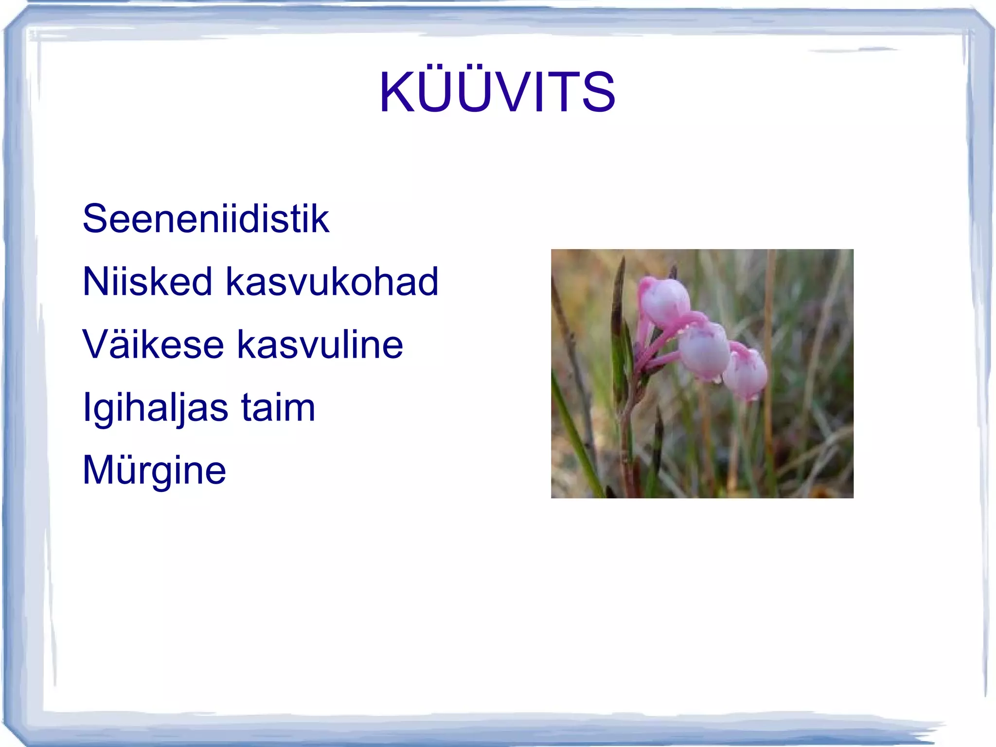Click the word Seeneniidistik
206,219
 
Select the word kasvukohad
332,282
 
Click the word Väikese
153,345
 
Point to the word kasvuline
320,345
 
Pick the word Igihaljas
155,408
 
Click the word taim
278,408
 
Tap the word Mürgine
154,471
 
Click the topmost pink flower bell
665,302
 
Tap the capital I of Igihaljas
87,407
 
